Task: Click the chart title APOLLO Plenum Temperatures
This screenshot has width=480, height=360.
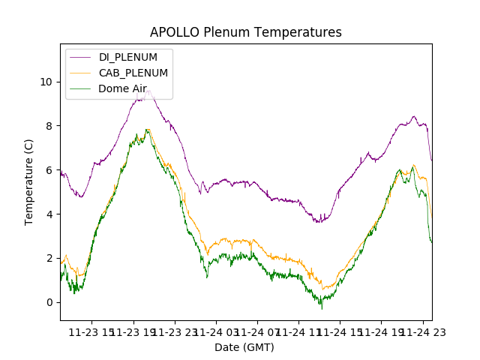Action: tap(245, 32)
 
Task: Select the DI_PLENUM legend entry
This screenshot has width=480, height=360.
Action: tap(128, 57)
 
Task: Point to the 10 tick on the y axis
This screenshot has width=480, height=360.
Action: tap(47, 82)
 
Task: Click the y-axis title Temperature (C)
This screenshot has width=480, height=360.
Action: tap(29, 182)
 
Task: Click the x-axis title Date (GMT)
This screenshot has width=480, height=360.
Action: tap(244, 347)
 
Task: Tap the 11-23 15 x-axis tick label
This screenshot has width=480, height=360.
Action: tap(93, 331)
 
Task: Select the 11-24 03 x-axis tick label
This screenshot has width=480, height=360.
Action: tap(216, 331)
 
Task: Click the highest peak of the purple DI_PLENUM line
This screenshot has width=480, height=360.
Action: tap(149, 91)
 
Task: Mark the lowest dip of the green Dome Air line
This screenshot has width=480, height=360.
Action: tap(322, 308)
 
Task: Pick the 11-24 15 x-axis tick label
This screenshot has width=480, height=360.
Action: tap(340, 331)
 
